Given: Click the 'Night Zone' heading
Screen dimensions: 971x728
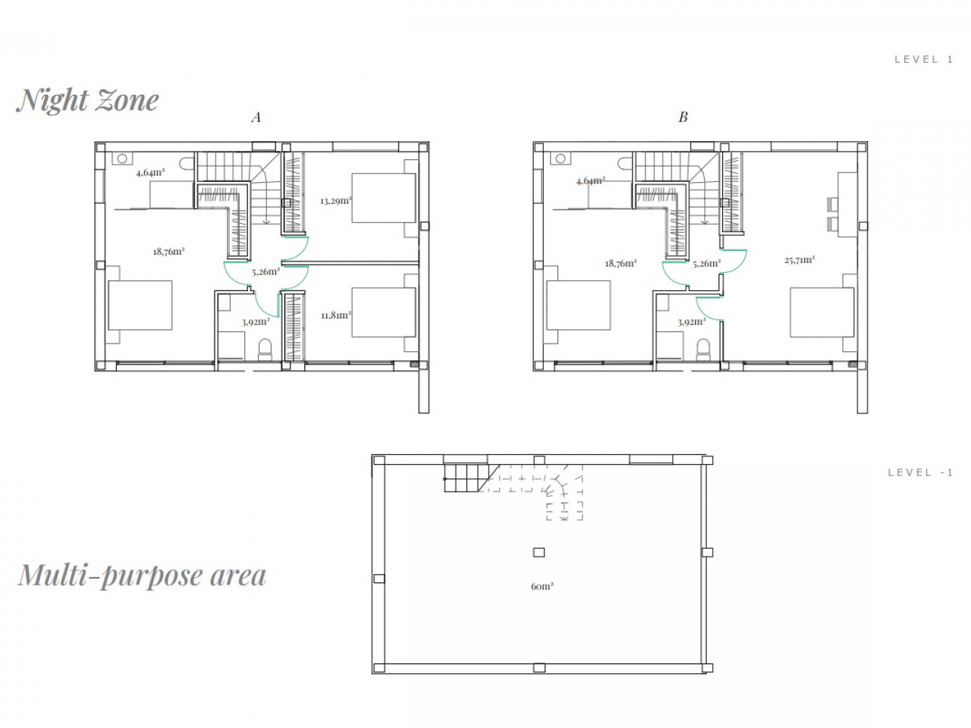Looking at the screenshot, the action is click(87, 101).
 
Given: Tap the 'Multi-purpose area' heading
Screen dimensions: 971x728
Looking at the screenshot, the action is click(142, 576).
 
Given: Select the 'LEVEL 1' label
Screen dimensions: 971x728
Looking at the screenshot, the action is click(924, 59).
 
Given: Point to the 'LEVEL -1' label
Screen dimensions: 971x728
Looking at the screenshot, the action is click(920, 472).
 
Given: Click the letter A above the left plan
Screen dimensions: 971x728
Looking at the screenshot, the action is click(256, 117).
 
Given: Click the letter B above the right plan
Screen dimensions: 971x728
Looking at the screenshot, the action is click(683, 117).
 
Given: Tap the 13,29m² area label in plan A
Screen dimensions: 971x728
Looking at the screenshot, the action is click(336, 201).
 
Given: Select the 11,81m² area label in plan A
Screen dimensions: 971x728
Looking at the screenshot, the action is click(336, 315).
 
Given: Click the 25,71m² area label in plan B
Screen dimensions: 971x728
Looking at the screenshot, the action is click(800, 260).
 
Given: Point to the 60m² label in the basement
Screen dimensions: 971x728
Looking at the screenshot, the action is click(542, 586).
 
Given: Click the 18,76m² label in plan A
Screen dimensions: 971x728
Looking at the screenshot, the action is click(168, 252).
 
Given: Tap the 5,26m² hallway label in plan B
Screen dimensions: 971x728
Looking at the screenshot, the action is click(706, 264).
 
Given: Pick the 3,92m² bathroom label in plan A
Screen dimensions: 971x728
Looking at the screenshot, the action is click(256, 322).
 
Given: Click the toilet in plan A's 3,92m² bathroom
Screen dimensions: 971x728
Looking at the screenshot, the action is click(265, 350).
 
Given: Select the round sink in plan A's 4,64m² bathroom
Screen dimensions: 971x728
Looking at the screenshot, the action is click(123, 158).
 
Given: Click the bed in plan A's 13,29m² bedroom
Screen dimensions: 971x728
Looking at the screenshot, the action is click(384, 198).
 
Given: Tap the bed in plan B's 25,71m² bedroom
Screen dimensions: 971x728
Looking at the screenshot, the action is click(822, 312).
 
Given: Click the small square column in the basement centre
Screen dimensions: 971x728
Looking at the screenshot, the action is click(539, 552).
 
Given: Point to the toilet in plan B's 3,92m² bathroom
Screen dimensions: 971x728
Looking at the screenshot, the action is click(703, 350).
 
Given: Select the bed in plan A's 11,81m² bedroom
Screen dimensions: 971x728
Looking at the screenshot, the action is click(384, 312).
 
